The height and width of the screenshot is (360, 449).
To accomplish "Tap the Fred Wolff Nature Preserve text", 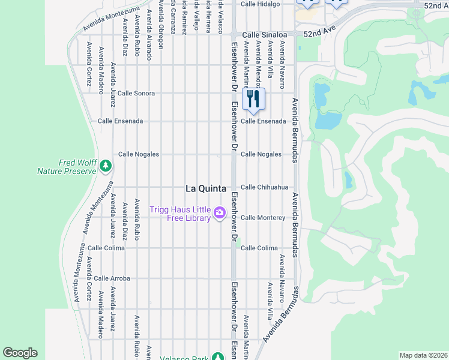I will [67, 167].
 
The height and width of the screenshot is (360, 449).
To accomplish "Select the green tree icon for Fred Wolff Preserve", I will [106, 165].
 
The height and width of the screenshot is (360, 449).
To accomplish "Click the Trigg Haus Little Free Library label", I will [181, 214].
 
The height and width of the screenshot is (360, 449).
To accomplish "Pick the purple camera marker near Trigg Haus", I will [220, 212].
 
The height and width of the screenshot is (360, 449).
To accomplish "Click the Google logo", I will [20, 353].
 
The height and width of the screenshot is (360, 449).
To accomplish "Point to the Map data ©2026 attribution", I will [423, 355].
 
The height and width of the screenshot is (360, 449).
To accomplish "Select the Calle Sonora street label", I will [136, 94].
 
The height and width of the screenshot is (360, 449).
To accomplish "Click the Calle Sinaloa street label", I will [264, 35].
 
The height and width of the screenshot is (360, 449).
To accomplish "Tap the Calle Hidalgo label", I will [260, 4].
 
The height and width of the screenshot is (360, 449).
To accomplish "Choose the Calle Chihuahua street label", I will [265, 187].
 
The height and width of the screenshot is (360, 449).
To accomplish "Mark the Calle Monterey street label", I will [262, 218].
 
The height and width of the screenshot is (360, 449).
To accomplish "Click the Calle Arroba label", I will [112, 278].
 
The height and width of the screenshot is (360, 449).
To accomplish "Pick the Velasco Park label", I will [184, 358].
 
